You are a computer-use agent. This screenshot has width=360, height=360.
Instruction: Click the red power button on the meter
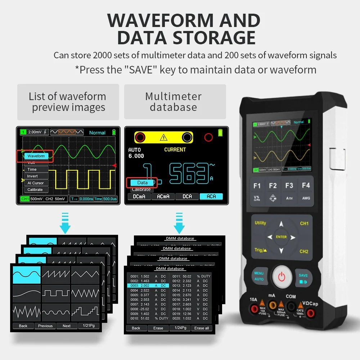point(282,277)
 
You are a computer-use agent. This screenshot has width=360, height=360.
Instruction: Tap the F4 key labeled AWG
point(306,191)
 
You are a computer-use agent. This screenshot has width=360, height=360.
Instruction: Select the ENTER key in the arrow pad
point(281,237)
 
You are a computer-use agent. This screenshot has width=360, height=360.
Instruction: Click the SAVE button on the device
point(303,278)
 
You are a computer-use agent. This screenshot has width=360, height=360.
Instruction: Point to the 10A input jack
point(254,309)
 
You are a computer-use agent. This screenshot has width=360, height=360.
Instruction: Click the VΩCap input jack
point(310,313)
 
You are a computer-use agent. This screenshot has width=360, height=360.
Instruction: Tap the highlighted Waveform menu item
point(36,156)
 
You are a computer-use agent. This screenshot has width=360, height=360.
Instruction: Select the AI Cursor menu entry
point(35,183)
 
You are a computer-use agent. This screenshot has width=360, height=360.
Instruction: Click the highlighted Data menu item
point(142,183)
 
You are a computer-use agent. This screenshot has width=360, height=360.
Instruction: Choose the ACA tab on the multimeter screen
point(211,196)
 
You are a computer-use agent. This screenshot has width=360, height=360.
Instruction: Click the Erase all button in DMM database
point(201,328)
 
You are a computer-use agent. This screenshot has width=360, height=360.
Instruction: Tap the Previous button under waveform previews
point(45,326)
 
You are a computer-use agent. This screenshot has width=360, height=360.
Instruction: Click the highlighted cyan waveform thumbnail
point(27,274)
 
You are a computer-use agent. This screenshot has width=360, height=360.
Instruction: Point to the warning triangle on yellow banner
point(164,137)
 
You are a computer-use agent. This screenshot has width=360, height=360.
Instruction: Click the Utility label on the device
point(260,223)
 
